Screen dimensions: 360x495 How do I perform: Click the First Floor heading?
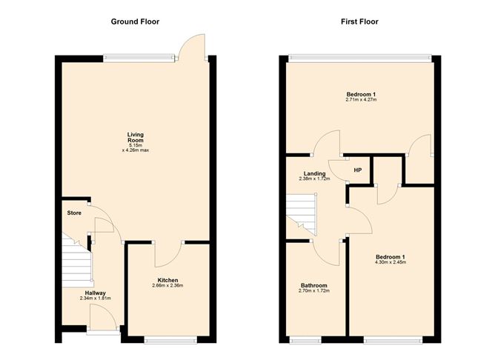(x=359, y=21)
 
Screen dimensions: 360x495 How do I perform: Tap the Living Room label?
(x=134, y=138)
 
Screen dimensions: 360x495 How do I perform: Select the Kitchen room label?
(x=167, y=279)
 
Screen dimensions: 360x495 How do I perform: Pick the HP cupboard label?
(x=356, y=170)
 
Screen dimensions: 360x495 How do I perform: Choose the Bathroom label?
(x=313, y=285)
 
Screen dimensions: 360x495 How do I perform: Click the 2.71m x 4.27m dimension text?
(x=361, y=100)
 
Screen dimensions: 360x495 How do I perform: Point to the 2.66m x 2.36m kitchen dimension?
(x=167, y=285)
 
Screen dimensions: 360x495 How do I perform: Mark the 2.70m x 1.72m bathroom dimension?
(x=313, y=291)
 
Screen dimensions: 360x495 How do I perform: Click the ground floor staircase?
(x=76, y=262)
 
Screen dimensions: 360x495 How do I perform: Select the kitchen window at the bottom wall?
(x=170, y=340)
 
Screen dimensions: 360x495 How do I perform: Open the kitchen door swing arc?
(x=167, y=256)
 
